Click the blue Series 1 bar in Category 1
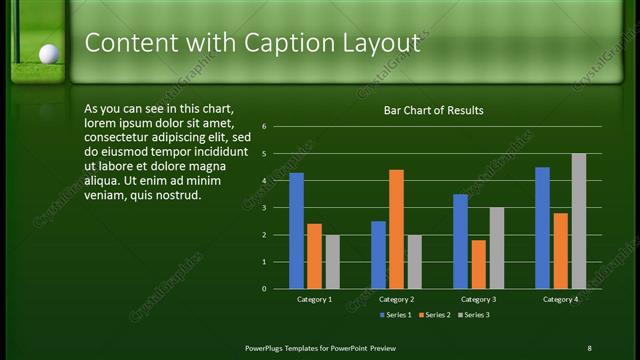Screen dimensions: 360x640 point(296,231)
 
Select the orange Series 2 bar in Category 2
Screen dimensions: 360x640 point(396,229)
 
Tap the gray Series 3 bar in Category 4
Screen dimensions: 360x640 point(578,221)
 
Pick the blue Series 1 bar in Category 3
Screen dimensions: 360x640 point(460,241)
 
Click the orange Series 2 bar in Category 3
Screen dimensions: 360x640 point(478,264)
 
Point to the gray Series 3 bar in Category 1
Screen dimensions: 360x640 point(332,262)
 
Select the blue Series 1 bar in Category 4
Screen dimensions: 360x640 point(542,228)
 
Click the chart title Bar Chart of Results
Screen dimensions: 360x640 point(433,111)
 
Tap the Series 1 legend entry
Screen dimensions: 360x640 point(396,315)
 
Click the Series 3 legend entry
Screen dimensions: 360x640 point(474,315)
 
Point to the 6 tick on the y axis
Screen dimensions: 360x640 point(264,127)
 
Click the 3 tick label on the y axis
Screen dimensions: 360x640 point(264,208)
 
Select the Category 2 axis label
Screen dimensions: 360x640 point(396,299)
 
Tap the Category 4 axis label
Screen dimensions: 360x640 point(560,299)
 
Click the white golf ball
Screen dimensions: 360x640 point(47,53)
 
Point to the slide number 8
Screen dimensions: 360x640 point(589,347)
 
